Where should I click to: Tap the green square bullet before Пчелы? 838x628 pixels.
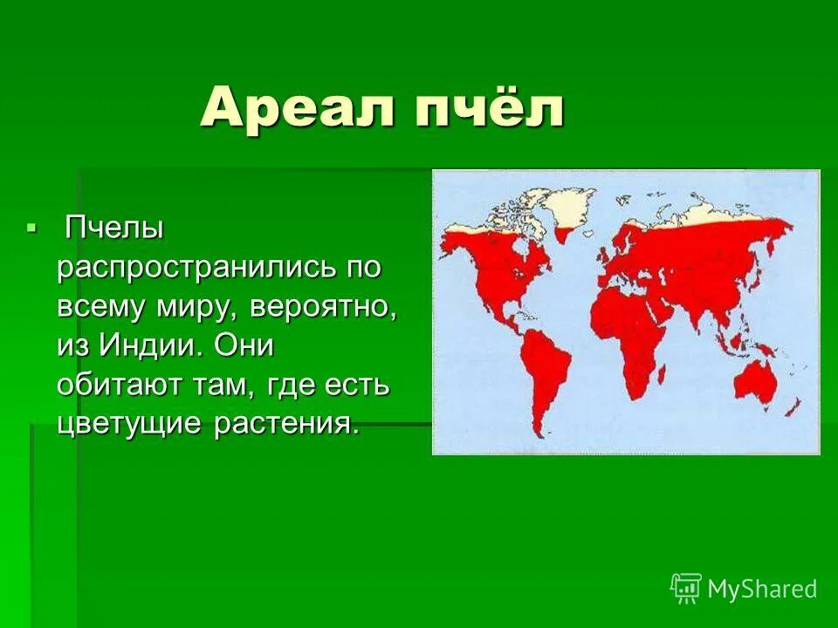pyautogui.click(x=32, y=228)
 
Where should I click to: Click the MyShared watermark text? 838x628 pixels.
pyautogui.click(x=762, y=589)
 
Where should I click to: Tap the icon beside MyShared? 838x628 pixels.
pyautogui.click(x=686, y=588)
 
